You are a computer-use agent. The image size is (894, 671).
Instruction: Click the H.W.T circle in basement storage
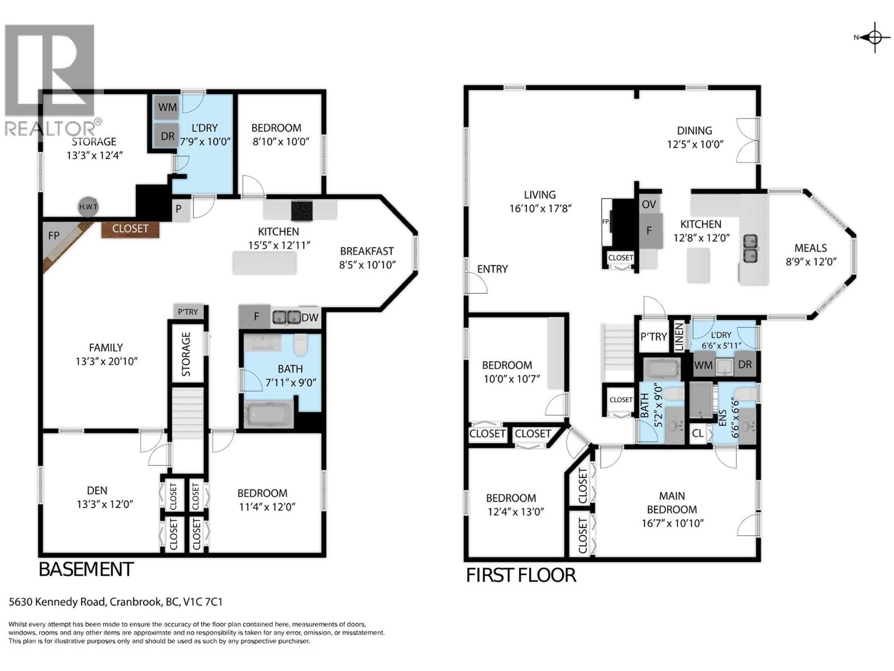point(88,207)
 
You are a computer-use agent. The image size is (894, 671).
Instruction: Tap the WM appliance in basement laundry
point(167,107)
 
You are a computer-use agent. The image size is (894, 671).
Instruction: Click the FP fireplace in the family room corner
point(54,236)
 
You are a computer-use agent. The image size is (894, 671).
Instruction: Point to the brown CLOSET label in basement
point(130,229)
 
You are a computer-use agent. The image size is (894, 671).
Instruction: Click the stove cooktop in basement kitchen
point(302,211)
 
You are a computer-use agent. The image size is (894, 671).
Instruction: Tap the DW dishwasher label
point(310,318)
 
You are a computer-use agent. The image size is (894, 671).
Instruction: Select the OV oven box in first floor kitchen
point(649,204)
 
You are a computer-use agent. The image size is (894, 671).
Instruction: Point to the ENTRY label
point(492,269)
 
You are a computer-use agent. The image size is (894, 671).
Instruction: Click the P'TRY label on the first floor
point(653,337)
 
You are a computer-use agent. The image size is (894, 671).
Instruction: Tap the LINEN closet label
point(679,338)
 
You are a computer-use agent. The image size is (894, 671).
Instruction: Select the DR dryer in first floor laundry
point(745,365)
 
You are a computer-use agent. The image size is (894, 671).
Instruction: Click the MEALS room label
point(810,248)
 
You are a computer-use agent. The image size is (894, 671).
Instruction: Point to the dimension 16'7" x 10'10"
point(672,523)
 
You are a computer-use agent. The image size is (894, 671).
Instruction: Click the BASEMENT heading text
point(85,569)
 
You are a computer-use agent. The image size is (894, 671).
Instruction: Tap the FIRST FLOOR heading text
point(521,575)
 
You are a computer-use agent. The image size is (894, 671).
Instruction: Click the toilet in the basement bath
point(301,345)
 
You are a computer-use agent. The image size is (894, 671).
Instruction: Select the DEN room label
point(97,490)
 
